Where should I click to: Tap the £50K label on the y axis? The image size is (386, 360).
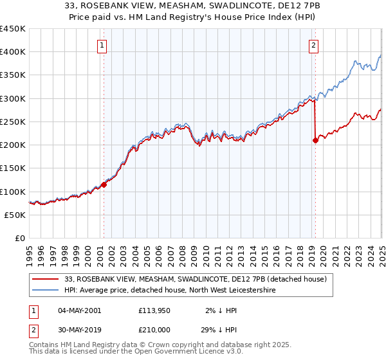pos(15,215)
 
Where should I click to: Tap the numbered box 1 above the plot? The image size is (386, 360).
pos(102,45)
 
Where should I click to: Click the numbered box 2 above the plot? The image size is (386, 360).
pos(313,45)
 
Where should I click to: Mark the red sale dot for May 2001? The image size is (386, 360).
pos(104,185)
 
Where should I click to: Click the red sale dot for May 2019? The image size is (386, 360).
pos(315,140)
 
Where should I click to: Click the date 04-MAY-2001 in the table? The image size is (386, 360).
pos(79,310)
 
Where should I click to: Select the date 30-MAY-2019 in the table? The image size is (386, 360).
pos(79,329)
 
